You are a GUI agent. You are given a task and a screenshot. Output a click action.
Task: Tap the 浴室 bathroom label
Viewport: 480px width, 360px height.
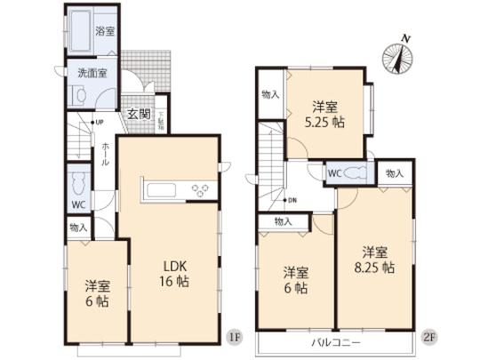[105, 31]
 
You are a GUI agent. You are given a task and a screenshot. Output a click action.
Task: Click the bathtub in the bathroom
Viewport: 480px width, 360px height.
[80, 34]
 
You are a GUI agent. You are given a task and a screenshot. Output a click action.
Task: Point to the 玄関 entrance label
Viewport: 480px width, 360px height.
[137, 113]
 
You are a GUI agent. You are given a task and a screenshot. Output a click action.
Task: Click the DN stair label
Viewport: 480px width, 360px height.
[290, 200]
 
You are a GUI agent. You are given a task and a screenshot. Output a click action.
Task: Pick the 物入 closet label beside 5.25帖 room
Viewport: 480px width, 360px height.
[270, 94]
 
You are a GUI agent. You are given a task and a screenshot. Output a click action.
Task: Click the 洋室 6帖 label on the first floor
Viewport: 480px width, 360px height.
[97, 294]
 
